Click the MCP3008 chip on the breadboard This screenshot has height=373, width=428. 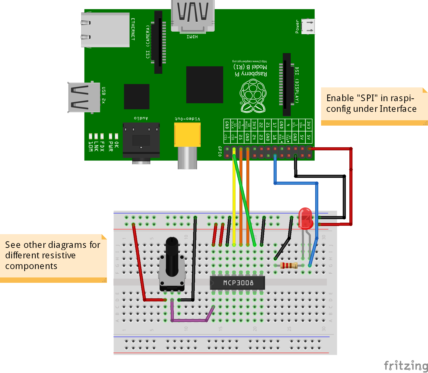click(x=237, y=283)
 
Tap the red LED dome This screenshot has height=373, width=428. click(x=305, y=218)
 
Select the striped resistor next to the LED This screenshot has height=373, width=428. click(x=289, y=265)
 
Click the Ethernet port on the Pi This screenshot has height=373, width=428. click(x=105, y=30)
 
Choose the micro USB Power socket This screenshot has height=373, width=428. click(x=308, y=26)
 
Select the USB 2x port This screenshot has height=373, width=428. click(x=84, y=97)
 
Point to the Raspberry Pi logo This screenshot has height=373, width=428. click(x=253, y=96)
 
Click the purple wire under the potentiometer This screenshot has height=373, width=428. click(x=189, y=320)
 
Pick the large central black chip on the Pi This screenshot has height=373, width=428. click(x=205, y=85)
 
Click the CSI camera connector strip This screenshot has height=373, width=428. click(x=158, y=42)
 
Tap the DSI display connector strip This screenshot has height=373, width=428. click(x=287, y=85)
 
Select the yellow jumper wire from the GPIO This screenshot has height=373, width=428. click(x=234, y=199)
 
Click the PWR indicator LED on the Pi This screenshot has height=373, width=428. click(x=111, y=136)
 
